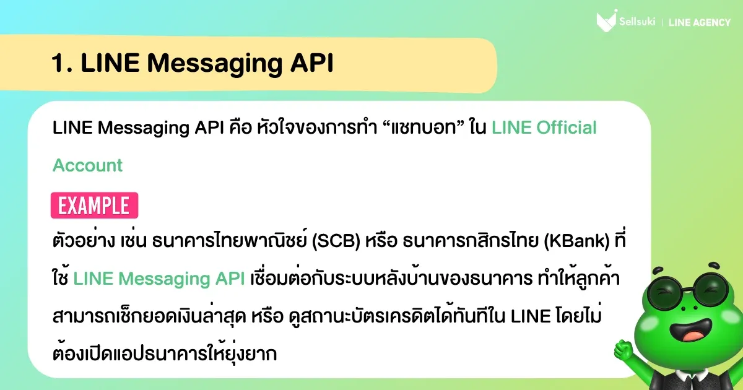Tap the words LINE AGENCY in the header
(700, 23)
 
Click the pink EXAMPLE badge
(94, 206)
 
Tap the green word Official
(567, 128)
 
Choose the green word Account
(88, 165)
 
